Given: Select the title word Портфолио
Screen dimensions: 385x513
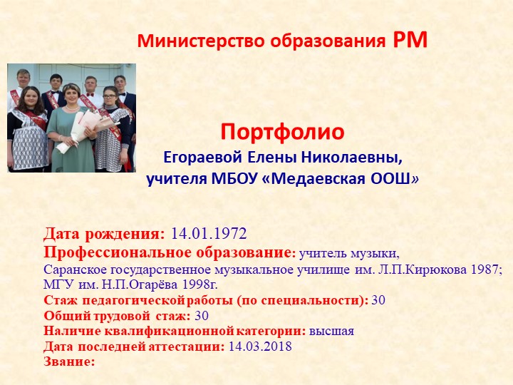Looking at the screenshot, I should pyautogui.click(x=282, y=132).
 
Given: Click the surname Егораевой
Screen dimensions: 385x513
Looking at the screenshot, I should pyautogui.click(x=198, y=156).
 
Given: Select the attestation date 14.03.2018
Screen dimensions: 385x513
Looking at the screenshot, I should pyautogui.click(x=260, y=346).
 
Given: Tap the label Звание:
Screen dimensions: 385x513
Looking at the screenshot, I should pyautogui.click(x=69, y=361).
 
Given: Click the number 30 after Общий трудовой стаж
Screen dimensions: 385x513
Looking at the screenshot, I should pyautogui.click(x=202, y=316).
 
